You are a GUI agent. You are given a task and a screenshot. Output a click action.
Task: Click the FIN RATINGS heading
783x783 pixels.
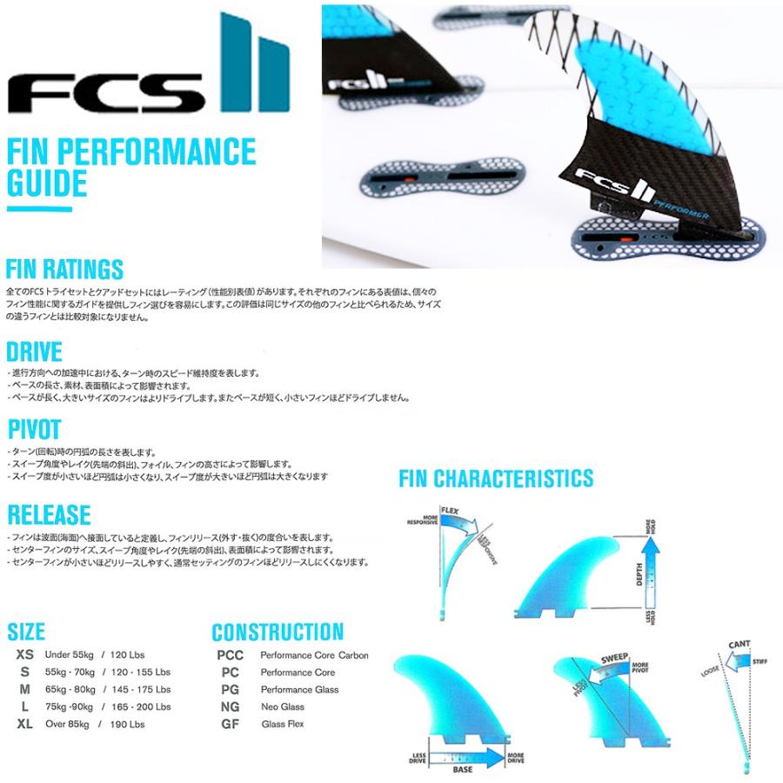pos(65,268)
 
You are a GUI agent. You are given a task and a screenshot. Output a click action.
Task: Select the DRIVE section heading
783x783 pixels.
pos(35,351)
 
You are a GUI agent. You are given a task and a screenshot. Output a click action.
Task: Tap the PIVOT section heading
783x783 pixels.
pos(34,430)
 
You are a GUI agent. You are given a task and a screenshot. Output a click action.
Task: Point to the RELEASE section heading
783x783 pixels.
pos(49,513)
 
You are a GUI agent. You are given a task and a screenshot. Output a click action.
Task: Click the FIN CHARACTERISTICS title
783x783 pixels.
pos(496,478)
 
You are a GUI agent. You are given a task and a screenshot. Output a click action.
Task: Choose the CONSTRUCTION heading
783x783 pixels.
pos(278,632)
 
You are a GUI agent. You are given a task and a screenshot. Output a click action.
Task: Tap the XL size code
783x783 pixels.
pos(25,722)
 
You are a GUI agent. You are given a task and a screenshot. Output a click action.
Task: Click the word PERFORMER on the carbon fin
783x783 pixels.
pos(675,206)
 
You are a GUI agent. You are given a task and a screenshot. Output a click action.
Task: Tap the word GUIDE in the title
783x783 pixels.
pos(47,184)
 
